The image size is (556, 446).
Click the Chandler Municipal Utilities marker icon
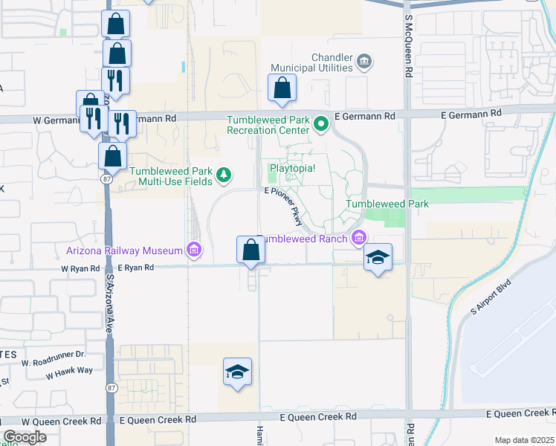point(364,60)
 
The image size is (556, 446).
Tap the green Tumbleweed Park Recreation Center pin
point(321,123)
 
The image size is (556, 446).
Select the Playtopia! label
point(292,169)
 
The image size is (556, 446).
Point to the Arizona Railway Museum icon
point(194,250)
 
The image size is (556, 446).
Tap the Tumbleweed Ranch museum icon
point(359,238)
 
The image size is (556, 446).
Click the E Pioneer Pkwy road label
point(285,206)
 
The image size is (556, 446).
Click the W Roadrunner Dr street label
point(54,363)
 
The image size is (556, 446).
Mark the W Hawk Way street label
point(69,374)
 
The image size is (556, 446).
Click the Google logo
point(25,437)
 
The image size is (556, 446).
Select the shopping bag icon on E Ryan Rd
point(250,251)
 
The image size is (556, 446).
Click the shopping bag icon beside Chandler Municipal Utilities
point(282,88)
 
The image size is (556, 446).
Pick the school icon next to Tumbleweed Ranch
point(378,258)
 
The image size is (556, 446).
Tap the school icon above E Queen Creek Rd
point(237,372)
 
